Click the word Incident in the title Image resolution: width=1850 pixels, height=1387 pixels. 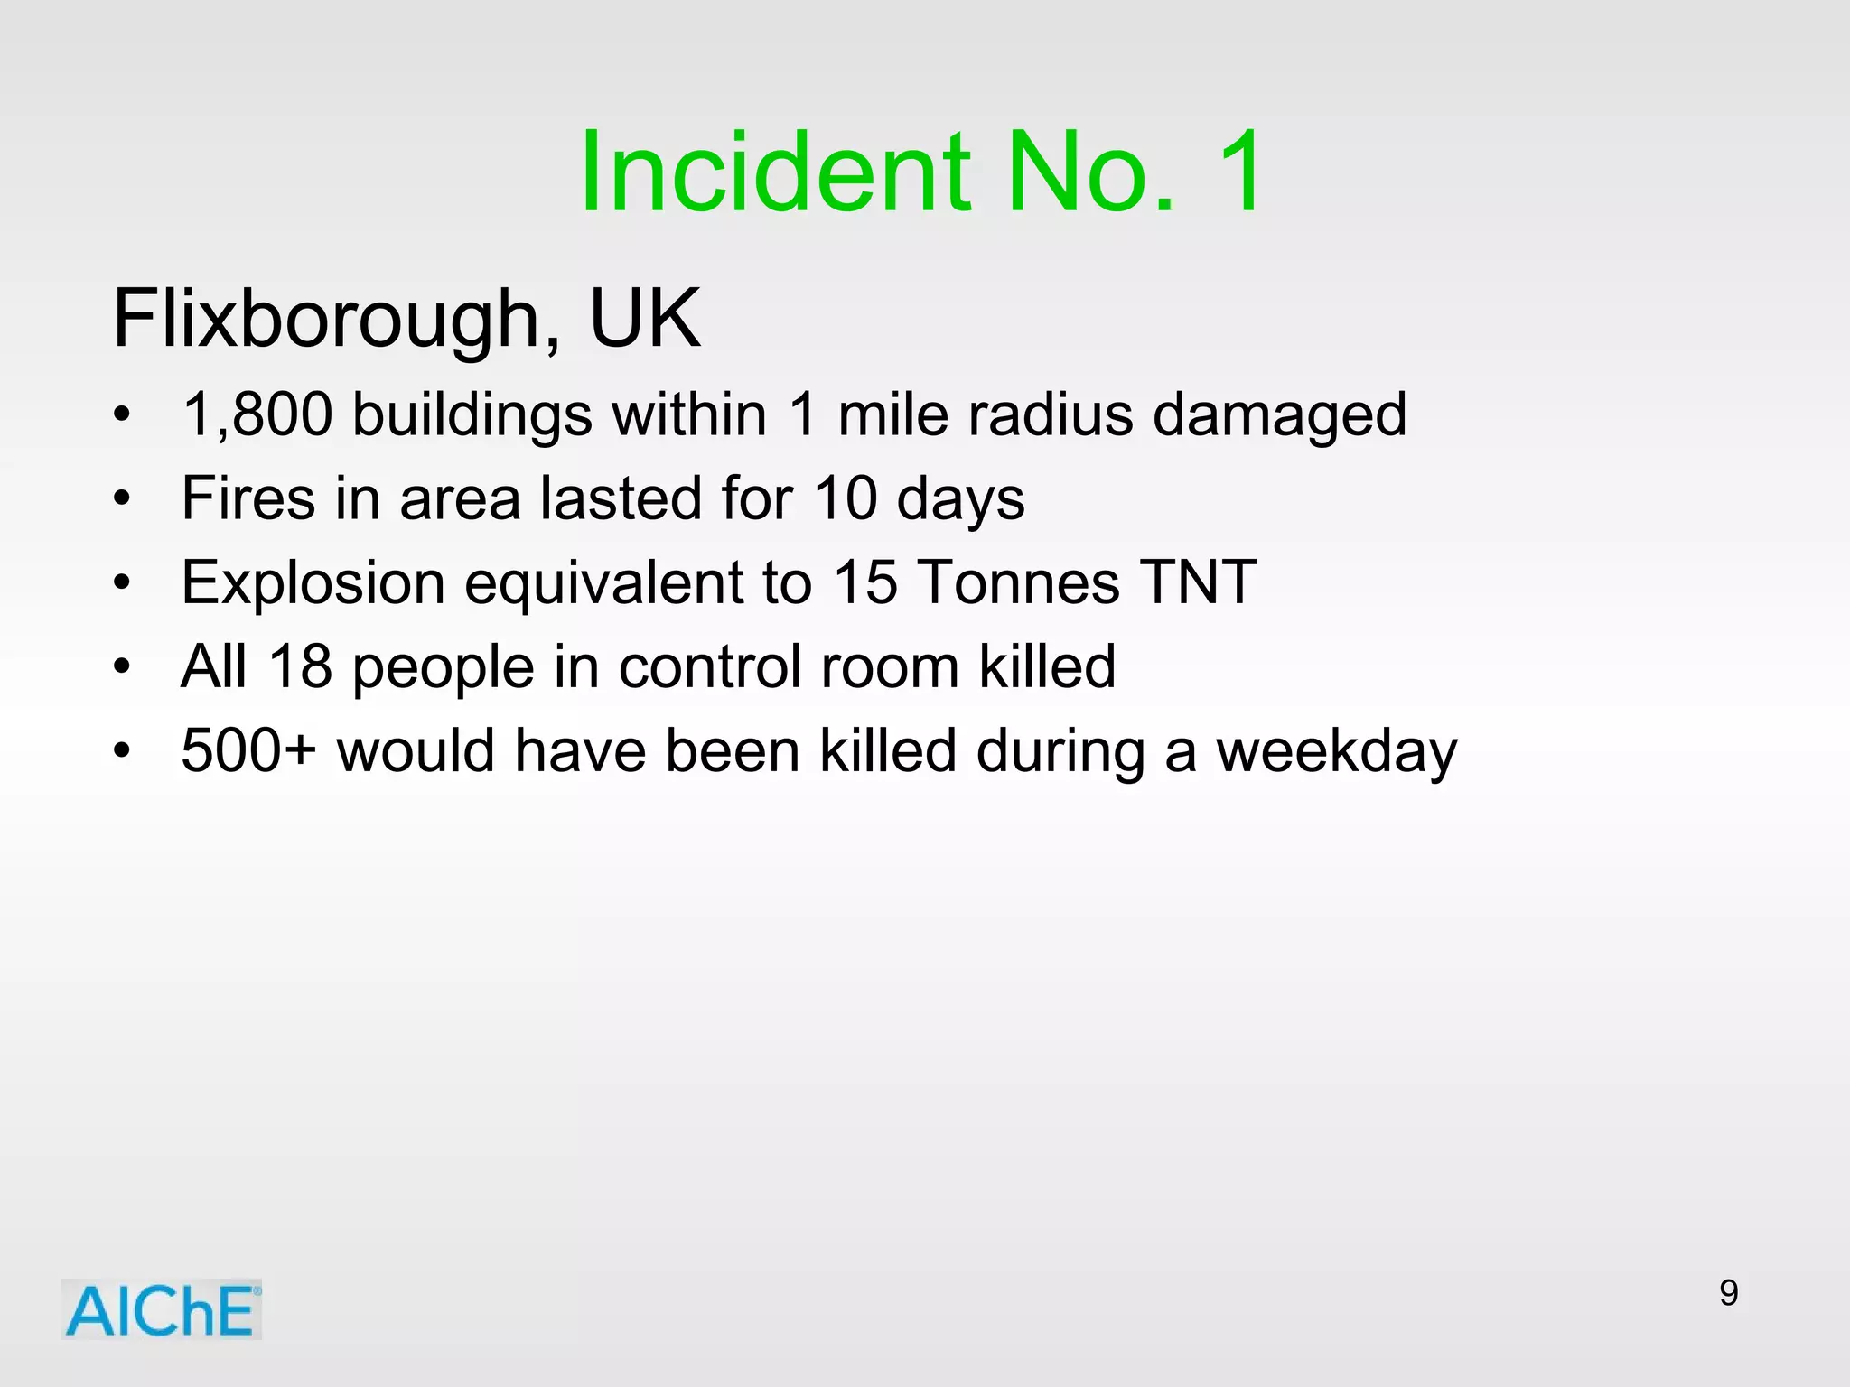point(775,172)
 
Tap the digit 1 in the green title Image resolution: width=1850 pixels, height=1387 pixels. point(1239,172)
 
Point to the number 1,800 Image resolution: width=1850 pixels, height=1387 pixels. point(257,415)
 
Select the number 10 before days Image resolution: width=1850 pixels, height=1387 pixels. point(845,498)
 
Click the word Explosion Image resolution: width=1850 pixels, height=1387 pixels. point(313,583)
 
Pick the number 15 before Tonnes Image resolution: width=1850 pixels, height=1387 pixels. point(864,582)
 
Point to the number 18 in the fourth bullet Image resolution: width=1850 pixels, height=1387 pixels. point(300,667)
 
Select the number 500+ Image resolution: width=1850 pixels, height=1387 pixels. point(248,751)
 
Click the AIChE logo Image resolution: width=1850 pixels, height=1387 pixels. point(162,1309)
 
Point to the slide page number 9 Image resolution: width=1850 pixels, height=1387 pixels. point(1728,1293)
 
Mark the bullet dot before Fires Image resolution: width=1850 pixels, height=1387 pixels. point(123,498)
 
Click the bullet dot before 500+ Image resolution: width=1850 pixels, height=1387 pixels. point(123,751)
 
